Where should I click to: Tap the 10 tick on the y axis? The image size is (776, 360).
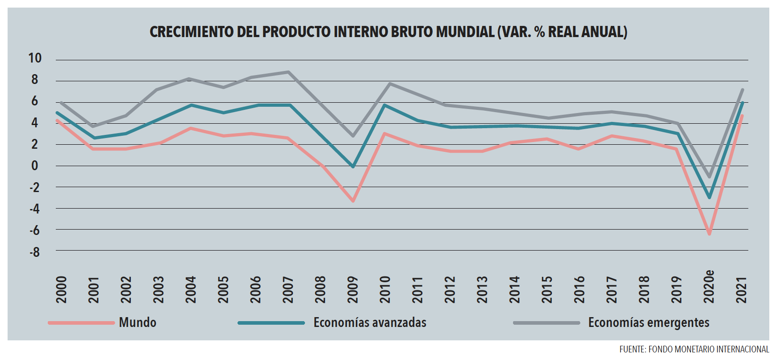click(34, 58)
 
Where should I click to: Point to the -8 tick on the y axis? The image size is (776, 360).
click(34, 252)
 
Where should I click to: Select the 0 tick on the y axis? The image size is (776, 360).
click(34, 166)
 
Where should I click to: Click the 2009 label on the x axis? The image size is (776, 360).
click(353, 289)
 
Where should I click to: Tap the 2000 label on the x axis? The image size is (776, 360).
click(61, 289)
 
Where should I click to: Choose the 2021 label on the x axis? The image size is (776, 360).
click(741, 289)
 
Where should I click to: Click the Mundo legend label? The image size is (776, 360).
click(138, 322)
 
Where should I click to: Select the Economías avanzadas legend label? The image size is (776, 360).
click(370, 322)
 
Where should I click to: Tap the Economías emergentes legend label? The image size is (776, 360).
click(648, 322)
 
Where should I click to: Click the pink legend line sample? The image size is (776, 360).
click(81, 322)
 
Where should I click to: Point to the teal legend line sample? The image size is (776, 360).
click(271, 322)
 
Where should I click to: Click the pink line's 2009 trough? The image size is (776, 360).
click(353, 201)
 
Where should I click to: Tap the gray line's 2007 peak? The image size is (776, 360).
click(288, 72)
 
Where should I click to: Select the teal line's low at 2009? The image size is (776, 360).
click(353, 167)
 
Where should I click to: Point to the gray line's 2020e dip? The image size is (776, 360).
click(709, 177)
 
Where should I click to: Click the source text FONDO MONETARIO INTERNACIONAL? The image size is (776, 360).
click(708, 349)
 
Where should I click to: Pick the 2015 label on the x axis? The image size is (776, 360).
click(547, 289)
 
